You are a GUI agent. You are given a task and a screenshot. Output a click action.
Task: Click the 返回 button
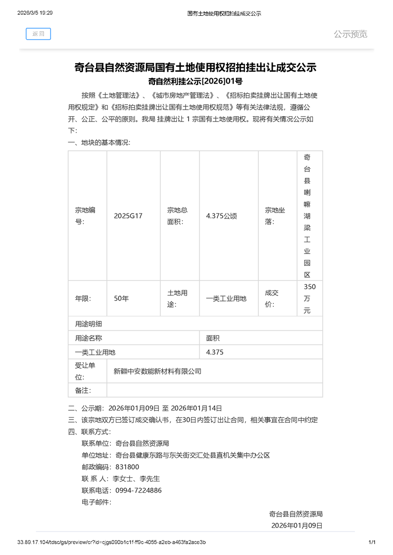(38, 34)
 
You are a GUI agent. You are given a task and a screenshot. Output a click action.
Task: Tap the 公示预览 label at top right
(350, 34)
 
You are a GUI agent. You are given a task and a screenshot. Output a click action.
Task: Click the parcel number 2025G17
(128, 216)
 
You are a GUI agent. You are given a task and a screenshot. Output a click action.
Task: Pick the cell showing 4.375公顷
(221, 216)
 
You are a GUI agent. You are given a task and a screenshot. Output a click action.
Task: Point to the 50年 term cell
(121, 299)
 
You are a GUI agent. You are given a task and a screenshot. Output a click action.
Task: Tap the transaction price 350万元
(310, 299)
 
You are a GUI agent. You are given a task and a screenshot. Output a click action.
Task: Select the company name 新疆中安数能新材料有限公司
(157, 371)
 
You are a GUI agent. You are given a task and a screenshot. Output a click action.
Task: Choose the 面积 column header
(213, 338)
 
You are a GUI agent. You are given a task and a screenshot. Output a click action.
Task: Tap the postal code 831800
(127, 467)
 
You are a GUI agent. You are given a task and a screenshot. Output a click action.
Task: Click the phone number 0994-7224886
(139, 490)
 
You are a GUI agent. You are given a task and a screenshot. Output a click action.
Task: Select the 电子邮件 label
(97, 502)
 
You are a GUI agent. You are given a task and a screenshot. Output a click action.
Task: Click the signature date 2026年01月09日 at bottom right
(297, 525)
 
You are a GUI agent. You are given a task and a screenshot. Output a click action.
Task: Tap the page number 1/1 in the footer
(373, 542)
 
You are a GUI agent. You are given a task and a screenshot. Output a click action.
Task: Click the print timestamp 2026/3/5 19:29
(35, 13)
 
